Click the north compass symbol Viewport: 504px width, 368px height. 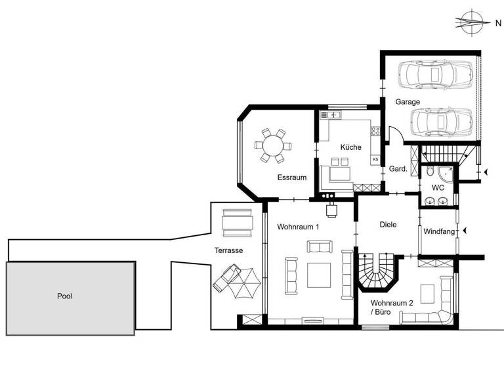pyautogui.click(x=471, y=22)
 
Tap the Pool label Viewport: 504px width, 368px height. pyautogui.click(x=64, y=296)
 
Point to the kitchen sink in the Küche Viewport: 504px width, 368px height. pyautogui.click(x=333, y=115)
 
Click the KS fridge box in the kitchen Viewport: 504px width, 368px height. pyautogui.click(x=376, y=159)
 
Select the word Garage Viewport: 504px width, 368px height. pyautogui.click(x=407, y=102)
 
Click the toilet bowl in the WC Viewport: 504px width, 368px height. pyautogui.click(x=430, y=172)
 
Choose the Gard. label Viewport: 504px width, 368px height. pyautogui.click(x=399, y=169)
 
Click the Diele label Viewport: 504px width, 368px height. pyautogui.click(x=388, y=225)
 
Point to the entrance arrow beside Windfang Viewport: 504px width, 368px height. pyautogui.click(x=465, y=231)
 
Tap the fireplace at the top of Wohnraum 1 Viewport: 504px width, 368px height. pyautogui.click(x=331, y=208)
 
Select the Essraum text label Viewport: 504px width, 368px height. pyautogui.click(x=292, y=177)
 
